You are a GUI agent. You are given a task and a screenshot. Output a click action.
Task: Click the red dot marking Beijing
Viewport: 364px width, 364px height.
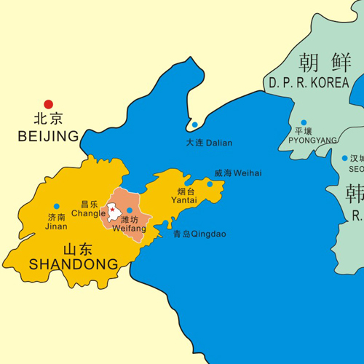click(49, 105)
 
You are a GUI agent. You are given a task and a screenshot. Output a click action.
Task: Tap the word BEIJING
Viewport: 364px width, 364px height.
click(49, 136)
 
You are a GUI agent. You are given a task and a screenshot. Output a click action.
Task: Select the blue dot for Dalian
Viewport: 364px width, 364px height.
click(194, 124)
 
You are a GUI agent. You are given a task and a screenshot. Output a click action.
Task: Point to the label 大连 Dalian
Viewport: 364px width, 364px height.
click(209, 143)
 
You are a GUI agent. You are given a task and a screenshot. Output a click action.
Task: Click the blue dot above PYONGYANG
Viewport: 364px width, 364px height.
click(304, 123)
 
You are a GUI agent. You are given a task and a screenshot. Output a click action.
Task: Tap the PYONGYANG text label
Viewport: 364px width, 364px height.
click(313, 140)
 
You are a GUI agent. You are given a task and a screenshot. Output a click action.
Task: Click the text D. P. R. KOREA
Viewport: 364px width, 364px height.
click(309, 83)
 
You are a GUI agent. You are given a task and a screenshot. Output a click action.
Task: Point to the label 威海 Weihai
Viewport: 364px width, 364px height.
click(237, 173)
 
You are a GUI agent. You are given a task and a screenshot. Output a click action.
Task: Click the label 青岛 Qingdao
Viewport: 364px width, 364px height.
click(199, 234)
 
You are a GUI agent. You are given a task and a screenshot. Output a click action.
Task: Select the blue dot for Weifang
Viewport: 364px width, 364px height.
click(130, 210)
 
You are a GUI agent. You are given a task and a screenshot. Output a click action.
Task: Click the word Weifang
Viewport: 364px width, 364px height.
click(130, 229)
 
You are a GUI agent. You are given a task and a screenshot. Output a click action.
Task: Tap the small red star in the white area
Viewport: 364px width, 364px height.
click(113, 210)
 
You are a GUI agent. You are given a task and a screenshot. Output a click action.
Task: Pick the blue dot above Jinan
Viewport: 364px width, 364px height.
click(57, 206)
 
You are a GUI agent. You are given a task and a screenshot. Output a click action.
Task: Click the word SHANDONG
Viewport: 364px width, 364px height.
click(73, 264)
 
